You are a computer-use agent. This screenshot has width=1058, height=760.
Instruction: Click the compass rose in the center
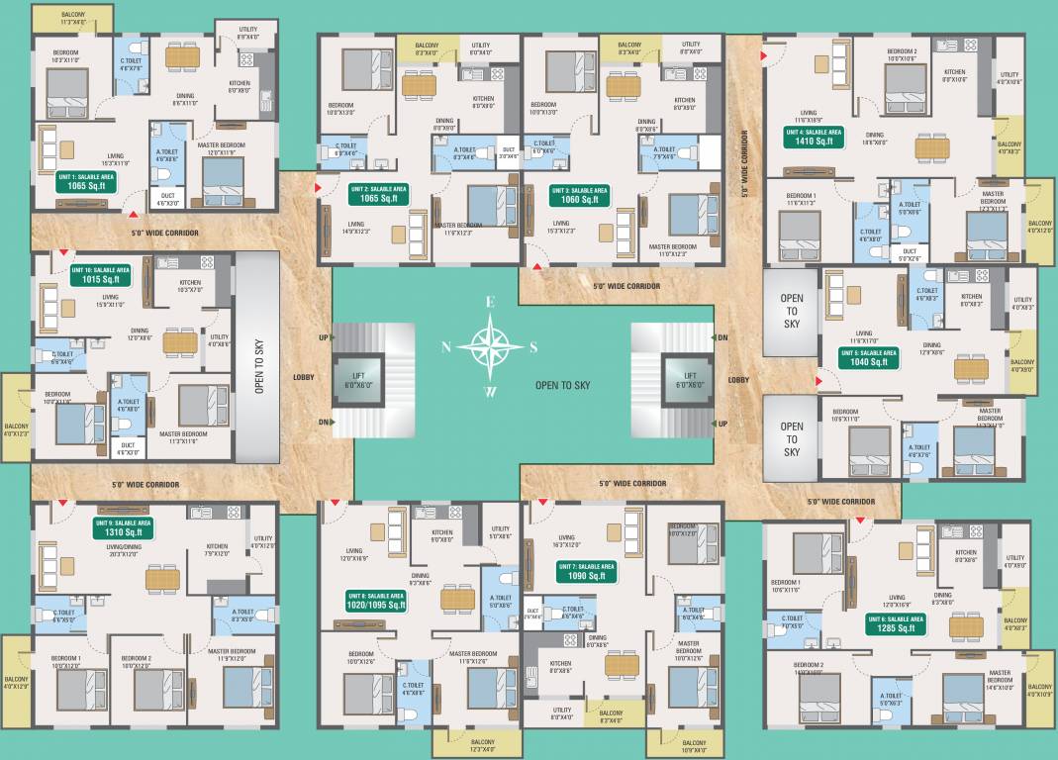pos(490,346)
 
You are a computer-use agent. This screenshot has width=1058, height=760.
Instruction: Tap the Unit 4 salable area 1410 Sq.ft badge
pos(814,137)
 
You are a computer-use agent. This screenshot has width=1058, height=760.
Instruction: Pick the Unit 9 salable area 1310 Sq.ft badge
pos(123,527)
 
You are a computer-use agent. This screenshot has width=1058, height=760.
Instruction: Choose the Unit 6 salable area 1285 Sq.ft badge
pos(896,623)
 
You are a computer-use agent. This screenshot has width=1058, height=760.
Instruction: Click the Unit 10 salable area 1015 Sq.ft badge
pos(100,275)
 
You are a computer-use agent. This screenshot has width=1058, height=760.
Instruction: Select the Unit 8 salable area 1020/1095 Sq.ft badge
pos(375,602)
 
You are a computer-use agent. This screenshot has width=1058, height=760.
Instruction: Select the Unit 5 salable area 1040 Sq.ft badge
pos(869,358)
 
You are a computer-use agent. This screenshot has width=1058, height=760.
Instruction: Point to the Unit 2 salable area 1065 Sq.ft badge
pos(378,194)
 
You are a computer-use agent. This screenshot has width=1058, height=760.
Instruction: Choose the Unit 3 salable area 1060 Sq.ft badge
pos(579,194)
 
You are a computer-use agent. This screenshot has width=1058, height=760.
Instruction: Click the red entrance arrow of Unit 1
pos(131,211)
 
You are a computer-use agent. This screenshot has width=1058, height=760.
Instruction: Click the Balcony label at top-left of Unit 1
pos(73,17)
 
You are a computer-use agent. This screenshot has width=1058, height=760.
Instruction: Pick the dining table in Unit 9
pos(162,578)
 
